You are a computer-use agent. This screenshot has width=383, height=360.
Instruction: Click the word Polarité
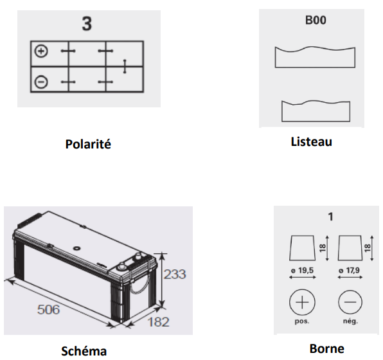pos(88,144)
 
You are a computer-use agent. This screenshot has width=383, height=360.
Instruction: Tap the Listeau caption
pos(312,142)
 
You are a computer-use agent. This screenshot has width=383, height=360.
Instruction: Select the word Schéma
pos(84,351)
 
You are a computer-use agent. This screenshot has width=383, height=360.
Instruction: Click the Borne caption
pos(327,349)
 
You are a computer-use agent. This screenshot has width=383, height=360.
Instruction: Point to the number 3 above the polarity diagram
pos(87,24)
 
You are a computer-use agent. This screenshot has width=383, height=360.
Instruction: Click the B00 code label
pos(316,20)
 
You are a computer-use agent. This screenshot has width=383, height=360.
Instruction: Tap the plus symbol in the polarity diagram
pos(41,51)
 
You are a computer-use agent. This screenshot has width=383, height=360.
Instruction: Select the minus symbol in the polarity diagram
pos(41,82)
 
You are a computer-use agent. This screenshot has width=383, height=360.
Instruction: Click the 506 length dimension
pos(48,309)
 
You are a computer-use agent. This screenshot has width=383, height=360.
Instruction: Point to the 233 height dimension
pos(175,274)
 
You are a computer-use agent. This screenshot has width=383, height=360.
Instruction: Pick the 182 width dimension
pos(158,322)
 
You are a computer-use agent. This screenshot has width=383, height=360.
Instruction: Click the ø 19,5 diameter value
pos(303,271)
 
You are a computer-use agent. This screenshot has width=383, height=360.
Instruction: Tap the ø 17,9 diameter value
pos(350,271)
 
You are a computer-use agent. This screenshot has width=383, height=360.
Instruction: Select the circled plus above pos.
pos(302,302)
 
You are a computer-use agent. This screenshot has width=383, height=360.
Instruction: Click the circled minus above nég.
pos(350,302)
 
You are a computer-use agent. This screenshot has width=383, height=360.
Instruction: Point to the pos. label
pos(302,321)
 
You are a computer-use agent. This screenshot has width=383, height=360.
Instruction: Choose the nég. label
pos(350,321)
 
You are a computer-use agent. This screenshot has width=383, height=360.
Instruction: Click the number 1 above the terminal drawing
pos(331,217)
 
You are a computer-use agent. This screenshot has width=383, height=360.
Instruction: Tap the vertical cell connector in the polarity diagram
pos(125,66)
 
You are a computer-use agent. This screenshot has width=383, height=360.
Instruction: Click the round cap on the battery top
pos(76,248)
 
